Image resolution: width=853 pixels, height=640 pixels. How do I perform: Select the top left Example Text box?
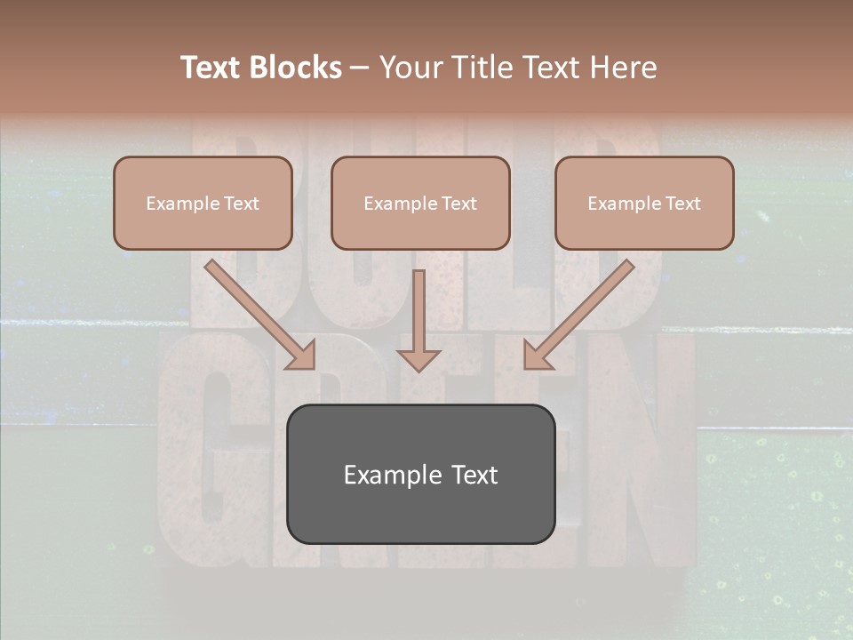[203, 203]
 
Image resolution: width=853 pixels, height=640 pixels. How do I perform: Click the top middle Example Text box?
[420, 203]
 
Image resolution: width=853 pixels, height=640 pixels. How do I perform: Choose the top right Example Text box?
[644, 203]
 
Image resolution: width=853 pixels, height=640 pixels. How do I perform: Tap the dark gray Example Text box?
[420, 474]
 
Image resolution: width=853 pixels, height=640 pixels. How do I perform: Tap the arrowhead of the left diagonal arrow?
[301, 356]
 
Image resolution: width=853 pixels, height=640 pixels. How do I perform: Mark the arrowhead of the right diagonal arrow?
[537, 356]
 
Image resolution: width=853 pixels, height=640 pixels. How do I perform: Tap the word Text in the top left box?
[241, 204]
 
